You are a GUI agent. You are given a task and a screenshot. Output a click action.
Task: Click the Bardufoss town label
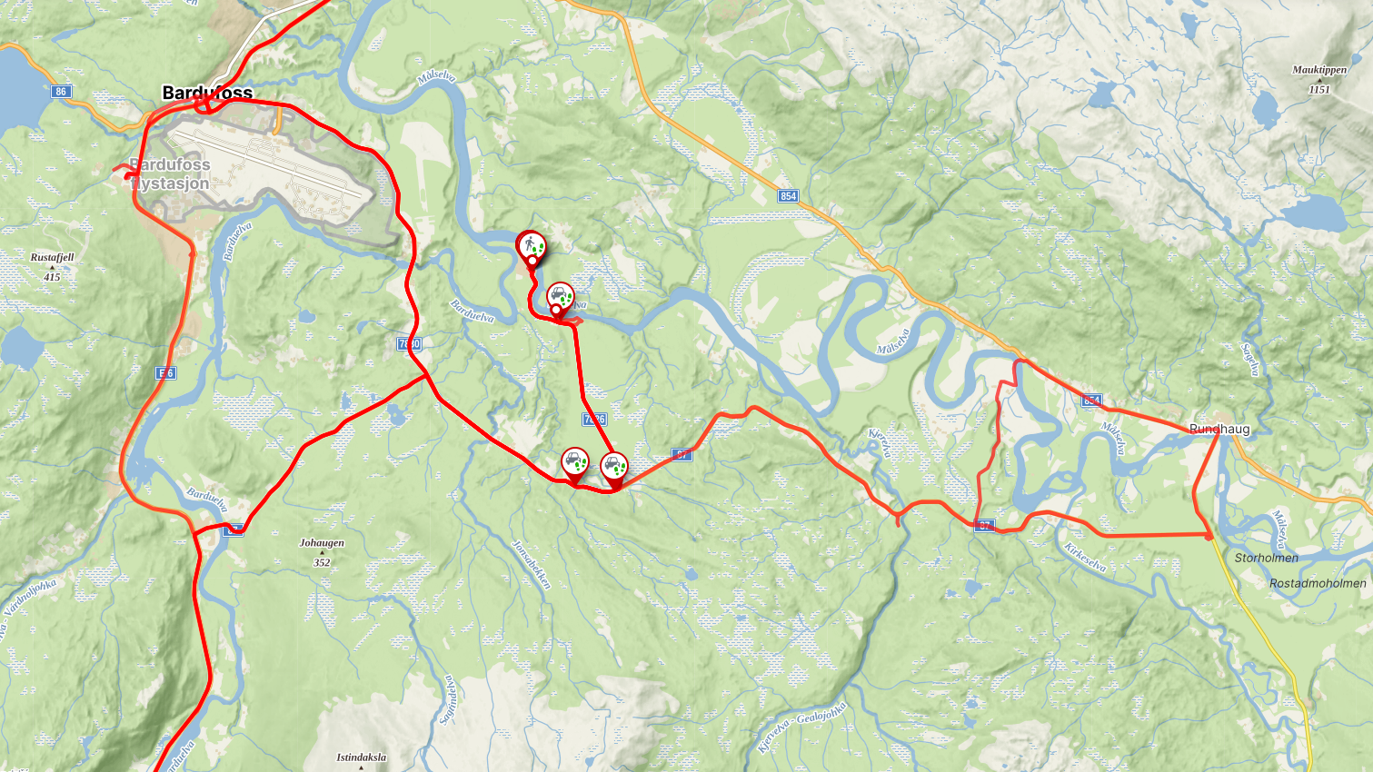(x=207, y=93)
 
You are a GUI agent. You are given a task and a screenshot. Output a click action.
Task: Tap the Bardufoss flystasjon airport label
(x=170, y=173)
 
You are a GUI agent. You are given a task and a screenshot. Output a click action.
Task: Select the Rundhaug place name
(x=1219, y=429)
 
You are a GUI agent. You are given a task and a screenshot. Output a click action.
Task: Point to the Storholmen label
(x=1266, y=558)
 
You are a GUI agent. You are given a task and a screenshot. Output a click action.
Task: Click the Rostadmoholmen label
(x=1318, y=583)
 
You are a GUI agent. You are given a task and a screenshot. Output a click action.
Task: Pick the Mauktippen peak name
(x=1319, y=70)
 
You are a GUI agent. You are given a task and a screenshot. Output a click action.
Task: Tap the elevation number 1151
(x=1319, y=89)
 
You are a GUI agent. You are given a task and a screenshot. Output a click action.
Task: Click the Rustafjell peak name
(x=52, y=257)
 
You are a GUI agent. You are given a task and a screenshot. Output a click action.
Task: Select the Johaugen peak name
(x=322, y=543)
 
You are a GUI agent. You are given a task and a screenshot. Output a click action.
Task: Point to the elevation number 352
(x=322, y=562)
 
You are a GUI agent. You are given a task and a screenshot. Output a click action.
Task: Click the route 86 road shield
(x=61, y=91)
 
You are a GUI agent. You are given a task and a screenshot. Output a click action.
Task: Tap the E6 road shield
(x=165, y=373)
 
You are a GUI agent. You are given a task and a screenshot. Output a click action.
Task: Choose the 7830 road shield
(x=409, y=344)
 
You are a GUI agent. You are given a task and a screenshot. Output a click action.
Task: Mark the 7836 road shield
(x=594, y=419)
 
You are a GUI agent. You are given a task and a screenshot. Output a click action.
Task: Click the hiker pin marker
(x=531, y=246)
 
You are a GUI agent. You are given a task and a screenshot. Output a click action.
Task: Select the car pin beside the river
(x=561, y=296)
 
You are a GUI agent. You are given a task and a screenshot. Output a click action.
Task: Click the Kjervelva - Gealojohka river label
(x=802, y=727)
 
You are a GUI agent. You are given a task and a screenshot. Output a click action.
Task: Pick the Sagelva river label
(x=1251, y=360)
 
